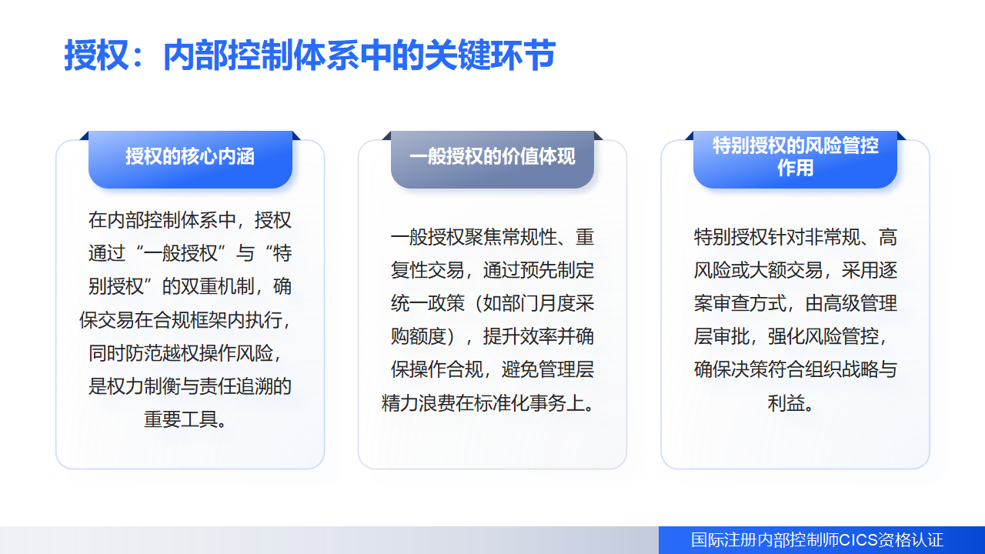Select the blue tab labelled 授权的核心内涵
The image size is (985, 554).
[x=190, y=159]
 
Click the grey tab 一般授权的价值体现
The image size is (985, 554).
[x=492, y=159]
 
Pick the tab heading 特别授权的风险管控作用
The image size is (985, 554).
[x=795, y=159]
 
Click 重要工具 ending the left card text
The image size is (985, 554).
[x=181, y=419]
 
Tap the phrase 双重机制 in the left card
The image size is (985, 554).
[x=217, y=287]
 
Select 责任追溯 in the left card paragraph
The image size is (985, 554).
[x=235, y=386]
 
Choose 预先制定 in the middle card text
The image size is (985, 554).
[x=556, y=270]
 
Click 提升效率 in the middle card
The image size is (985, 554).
[x=519, y=337]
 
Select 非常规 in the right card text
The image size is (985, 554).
[x=832, y=238]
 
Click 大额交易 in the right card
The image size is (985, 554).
[x=786, y=270]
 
